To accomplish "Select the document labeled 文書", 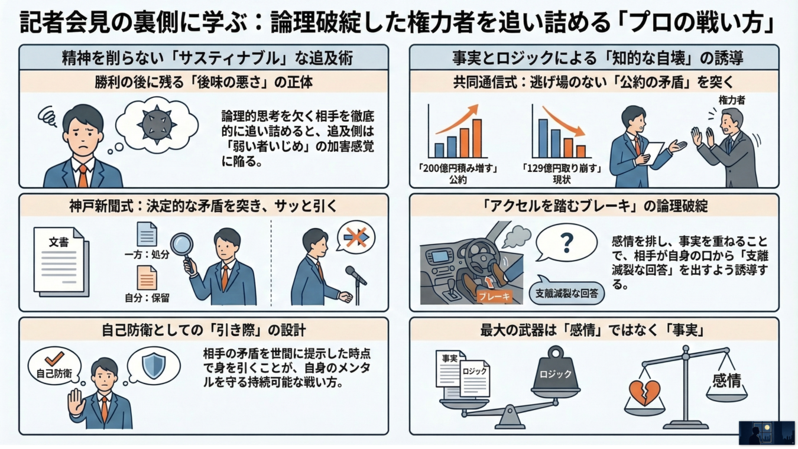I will pos(59,260).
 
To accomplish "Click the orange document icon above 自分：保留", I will pos(147,278).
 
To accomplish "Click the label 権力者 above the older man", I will pos(731,101).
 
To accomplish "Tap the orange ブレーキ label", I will pos(495,297).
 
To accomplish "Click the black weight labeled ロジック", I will pos(555,373).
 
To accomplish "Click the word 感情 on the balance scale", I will pos(726,380).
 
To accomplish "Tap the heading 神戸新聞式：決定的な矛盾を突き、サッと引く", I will pos(203,206).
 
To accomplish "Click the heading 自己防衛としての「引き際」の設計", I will pos(203,330).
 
